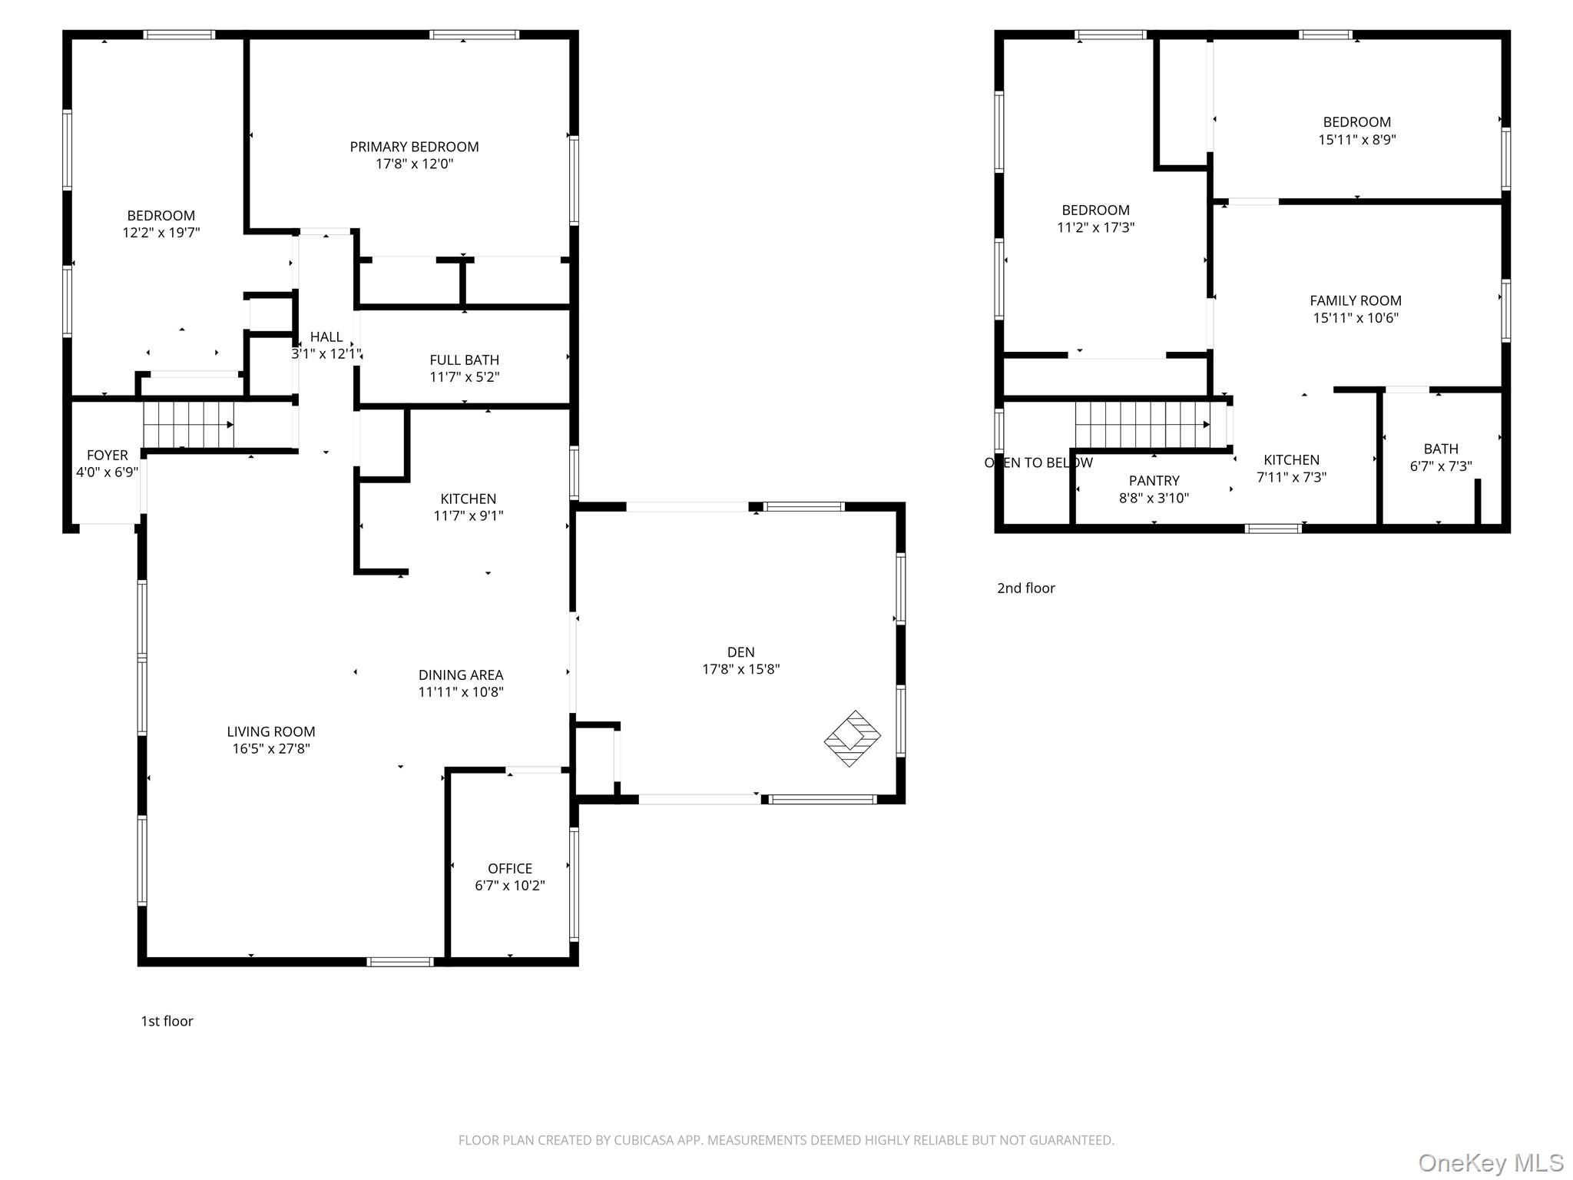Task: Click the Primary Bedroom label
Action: (x=414, y=147)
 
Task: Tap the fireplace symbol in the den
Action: (x=853, y=738)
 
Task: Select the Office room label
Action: (x=510, y=868)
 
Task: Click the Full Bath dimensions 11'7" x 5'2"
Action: (x=464, y=377)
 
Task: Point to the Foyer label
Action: (x=108, y=455)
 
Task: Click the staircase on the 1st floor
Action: (x=188, y=425)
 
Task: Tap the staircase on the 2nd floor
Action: (x=1142, y=425)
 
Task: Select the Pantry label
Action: (x=1154, y=481)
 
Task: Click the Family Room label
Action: (x=1356, y=300)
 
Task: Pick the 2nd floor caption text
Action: (x=1026, y=588)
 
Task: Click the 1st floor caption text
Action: (x=167, y=1021)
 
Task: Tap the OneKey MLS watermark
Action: (x=1491, y=1162)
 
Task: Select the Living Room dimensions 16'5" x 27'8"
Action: (x=271, y=749)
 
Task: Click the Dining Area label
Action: (x=461, y=675)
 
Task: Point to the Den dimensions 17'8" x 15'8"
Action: (x=741, y=669)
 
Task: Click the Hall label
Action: (x=326, y=336)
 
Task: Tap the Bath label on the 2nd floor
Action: (x=1441, y=449)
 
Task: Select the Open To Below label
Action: (x=1038, y=462)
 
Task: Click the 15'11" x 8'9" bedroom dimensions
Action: (x=1357, y=140)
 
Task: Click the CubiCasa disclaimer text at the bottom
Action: (x=786, y=1140)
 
